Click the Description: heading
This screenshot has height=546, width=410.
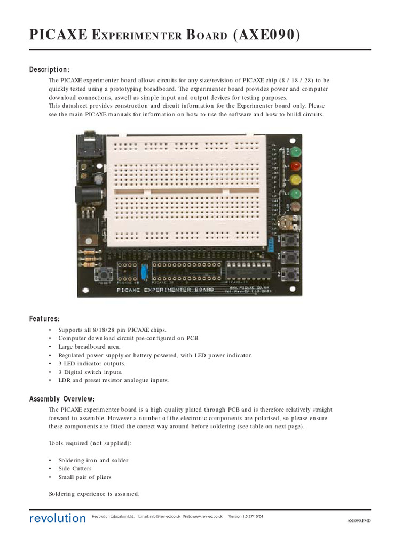click(x=49, y=70)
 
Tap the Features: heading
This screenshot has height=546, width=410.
click(x=44, y=319)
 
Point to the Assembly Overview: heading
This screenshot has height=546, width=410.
click(x=62, y=399)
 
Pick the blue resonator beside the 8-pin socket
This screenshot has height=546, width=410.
click(x=144, y=271)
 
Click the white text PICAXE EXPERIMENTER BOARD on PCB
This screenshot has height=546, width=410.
click(x=165, y=290)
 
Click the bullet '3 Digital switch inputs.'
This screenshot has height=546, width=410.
click(x=90, y=372)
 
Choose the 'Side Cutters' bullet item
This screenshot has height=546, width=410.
click(x=75, y=469)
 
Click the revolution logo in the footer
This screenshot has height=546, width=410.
click(x=57, y=518)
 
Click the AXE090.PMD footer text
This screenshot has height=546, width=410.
click(x=359, y=520)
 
